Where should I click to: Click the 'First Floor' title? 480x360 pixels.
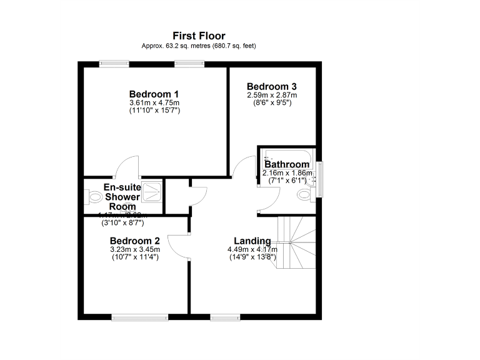199,36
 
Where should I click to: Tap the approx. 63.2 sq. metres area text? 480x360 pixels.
199,46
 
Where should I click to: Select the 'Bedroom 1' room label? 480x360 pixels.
154,94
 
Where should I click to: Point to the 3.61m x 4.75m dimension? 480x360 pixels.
154,102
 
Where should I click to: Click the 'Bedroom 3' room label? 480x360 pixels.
271,87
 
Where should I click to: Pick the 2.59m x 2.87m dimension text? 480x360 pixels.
271,95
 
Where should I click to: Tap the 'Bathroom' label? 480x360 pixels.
287,164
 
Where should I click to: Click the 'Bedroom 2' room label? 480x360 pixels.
135,241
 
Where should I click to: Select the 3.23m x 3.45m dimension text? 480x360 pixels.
135,249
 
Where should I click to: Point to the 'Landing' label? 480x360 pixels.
252,241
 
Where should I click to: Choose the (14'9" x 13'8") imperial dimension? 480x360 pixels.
252,257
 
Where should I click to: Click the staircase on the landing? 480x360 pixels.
297,241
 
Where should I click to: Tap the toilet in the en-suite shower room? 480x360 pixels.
94,197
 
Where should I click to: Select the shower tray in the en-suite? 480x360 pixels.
151,191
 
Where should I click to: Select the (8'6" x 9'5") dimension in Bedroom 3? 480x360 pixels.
271,102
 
